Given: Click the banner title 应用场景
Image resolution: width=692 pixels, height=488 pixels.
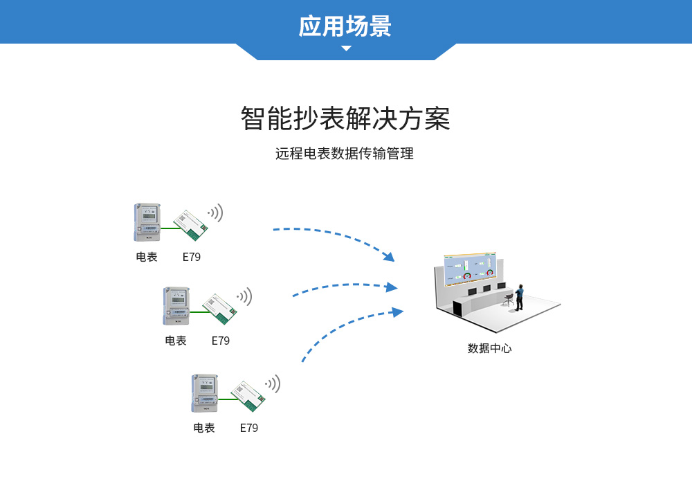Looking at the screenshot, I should pos(345,26).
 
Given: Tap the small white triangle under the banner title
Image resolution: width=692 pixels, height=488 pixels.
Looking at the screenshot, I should pos(346,48).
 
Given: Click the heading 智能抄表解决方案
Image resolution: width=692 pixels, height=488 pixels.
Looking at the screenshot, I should pos(345,119).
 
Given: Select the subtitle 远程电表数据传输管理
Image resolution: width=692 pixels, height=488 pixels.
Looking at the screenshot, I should pos(345,154).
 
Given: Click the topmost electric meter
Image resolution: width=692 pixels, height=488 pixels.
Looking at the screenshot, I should pos(147,222).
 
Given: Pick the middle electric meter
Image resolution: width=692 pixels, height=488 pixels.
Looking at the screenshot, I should pos(176,307).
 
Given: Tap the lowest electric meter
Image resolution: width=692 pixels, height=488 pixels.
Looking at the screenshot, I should pos(205,394).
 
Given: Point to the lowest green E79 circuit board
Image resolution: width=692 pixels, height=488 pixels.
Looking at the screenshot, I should pos(248,395).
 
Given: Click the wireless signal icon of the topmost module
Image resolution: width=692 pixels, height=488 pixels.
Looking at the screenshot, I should pos(215,213).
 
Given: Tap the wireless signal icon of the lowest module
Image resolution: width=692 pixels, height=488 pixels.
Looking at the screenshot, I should pos(273,383).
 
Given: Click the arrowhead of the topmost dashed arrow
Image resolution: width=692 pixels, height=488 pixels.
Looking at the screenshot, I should pos(389,257).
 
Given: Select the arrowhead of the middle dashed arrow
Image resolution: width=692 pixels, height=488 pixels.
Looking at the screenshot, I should pos(392,287).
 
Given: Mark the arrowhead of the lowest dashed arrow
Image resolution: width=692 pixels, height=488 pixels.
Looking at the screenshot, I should pos(397,312).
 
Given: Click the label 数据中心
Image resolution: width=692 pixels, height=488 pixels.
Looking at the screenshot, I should pos(489,348).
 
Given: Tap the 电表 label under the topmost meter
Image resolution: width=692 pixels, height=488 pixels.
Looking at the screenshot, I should pos(147,257).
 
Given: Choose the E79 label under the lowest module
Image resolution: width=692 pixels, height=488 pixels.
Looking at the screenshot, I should pos(249,428).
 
